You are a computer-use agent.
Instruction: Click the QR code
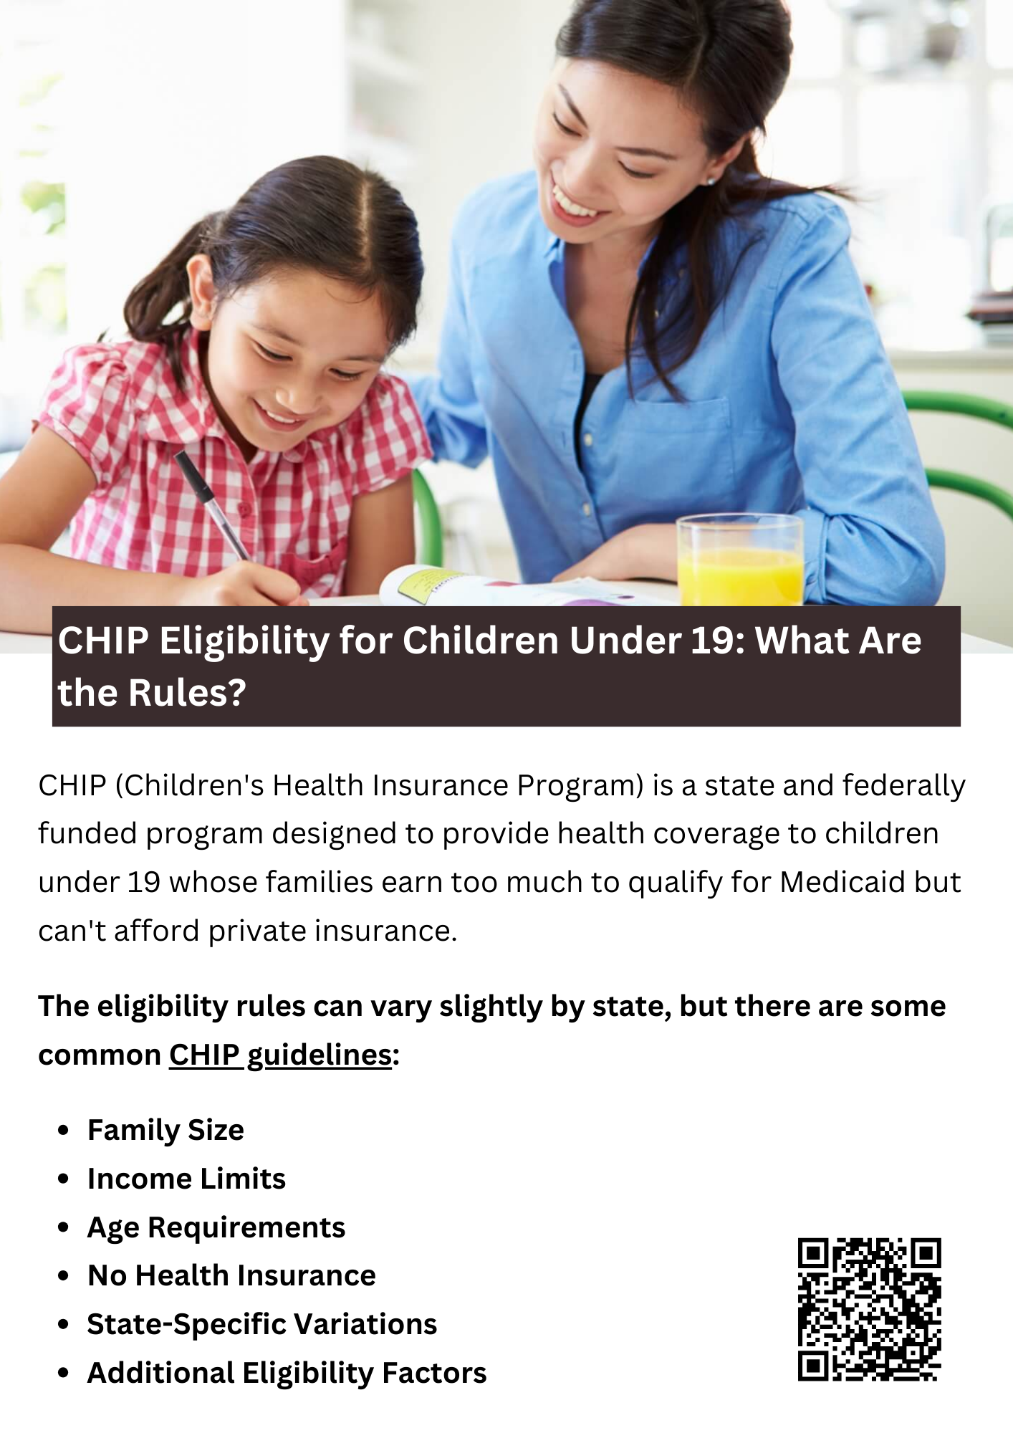869,1309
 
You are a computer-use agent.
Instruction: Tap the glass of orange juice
740,560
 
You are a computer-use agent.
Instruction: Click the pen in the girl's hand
211,504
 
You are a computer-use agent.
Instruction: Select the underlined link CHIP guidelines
280,1055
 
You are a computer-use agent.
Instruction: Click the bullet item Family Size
165,1131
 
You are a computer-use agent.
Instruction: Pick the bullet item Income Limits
186,1179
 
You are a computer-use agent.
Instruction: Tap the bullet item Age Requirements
216,1227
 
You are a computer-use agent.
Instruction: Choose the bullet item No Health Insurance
231,1275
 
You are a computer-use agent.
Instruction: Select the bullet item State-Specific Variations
262,1324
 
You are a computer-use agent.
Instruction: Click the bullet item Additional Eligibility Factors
287,1373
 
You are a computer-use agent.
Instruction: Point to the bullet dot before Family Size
64,1130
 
